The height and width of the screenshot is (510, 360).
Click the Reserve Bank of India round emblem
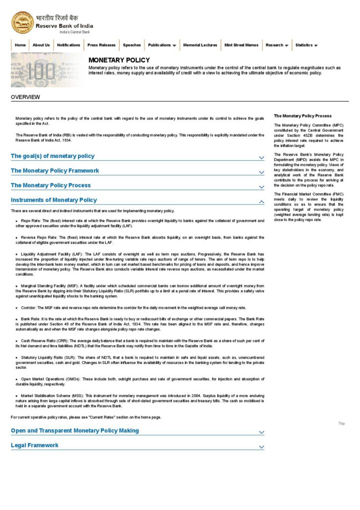(x=22, y=22)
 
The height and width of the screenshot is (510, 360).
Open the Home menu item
(x=20, y=45)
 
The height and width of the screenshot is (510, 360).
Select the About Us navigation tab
(x=41, y=45)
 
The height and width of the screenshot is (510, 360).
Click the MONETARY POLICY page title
(x=119, y=60)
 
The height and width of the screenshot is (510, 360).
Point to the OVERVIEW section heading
(x=25, y=97)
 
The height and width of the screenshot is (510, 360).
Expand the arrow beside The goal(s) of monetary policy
(x=261, y=157)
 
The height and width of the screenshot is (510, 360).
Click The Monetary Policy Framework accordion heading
(x=55, y=171)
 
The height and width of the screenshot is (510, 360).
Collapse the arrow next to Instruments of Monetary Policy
(x=261, y=201)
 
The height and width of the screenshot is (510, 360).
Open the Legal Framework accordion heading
(x=35, y=445)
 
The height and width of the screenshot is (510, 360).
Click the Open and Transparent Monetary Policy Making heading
(x=75, y=431)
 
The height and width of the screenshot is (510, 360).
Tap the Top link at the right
(x=342, y=424)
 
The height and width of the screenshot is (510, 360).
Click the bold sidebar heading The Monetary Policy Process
(x=303, y=116)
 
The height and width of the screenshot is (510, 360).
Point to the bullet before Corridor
(x=16, y=308)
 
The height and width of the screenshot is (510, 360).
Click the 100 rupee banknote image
(x=47, y=70)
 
